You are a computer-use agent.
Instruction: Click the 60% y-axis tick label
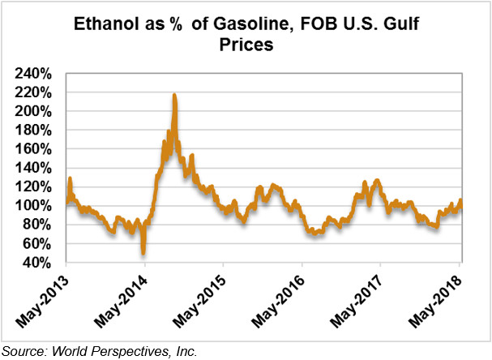(38, 244)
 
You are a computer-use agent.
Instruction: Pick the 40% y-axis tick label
(38, 263)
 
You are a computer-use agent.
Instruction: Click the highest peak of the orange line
(174, 96)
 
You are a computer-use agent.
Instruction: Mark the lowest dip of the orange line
(143, 252)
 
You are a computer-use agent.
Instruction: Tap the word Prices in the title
(246, 47)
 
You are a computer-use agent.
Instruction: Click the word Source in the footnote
(22, 351)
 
